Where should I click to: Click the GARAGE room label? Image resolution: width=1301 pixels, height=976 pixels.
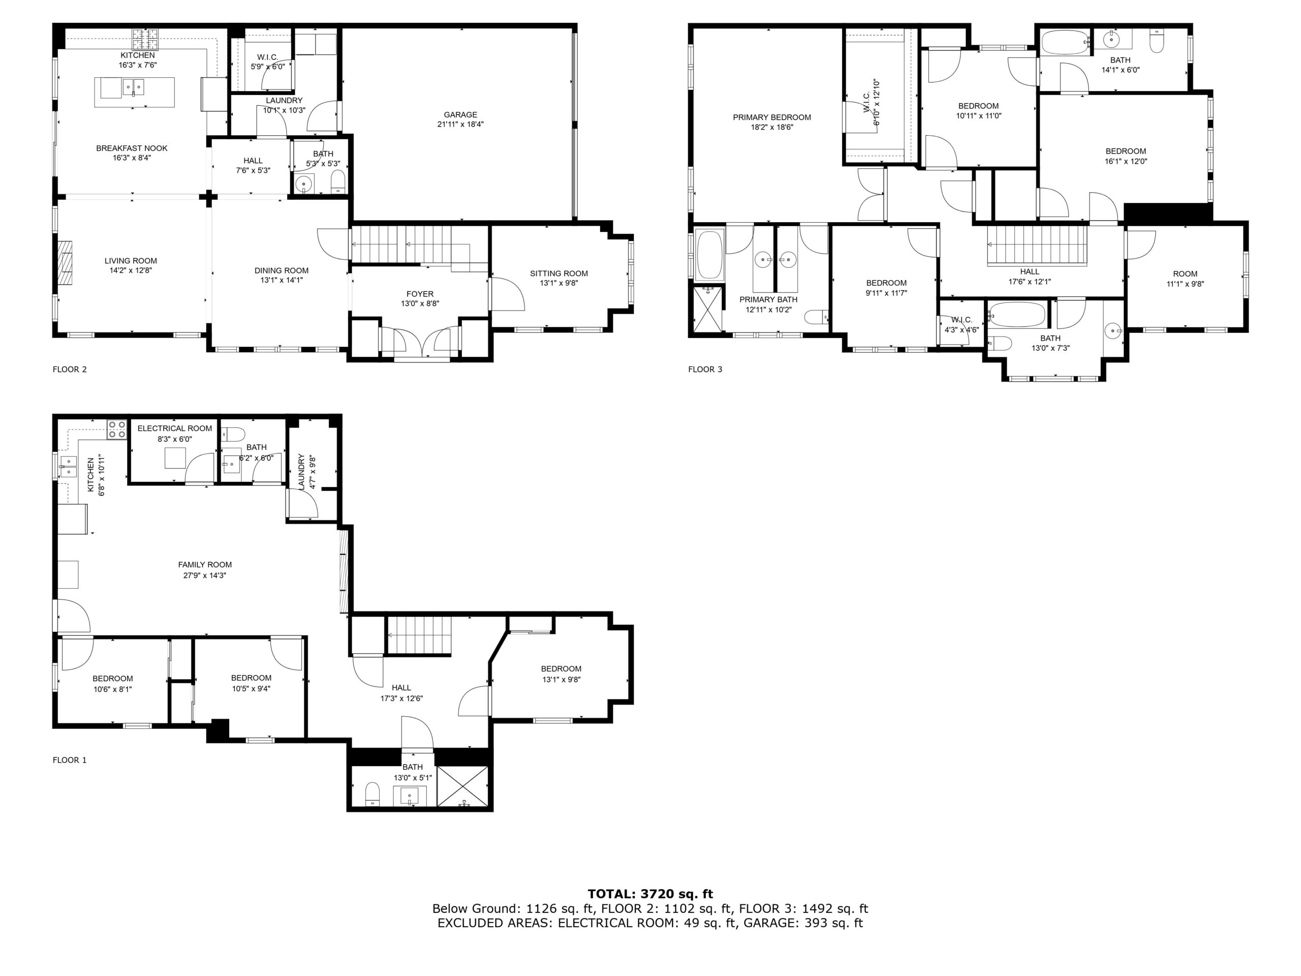tap(460, 115)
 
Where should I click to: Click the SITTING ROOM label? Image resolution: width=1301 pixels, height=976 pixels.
tap(559, 273)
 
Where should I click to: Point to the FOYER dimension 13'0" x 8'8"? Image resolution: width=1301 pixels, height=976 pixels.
tap(420, 303)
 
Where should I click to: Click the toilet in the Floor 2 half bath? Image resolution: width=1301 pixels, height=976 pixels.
tap(338, 182)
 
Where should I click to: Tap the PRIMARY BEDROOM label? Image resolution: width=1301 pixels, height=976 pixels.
tap(771, 117)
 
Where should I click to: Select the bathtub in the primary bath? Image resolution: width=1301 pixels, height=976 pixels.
tap(709, 255)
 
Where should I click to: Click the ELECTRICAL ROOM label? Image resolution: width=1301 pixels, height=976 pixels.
tap(175, 429)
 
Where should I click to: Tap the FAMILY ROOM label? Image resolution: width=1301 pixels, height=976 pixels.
tap(205, 565)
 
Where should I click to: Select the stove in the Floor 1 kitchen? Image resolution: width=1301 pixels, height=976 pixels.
tap(116, 430)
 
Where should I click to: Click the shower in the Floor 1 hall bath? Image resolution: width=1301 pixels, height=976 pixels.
tap(463, 786)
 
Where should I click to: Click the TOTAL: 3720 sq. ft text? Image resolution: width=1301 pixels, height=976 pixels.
tap(650, 894)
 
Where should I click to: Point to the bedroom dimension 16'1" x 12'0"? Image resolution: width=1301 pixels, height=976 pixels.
tap(1126, 161)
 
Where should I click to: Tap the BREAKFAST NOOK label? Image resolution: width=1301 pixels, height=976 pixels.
tap(132, 148)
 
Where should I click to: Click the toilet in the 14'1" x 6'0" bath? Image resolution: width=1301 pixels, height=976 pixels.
tap(1156, 41)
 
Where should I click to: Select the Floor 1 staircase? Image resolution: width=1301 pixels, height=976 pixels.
tap(419, 635)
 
